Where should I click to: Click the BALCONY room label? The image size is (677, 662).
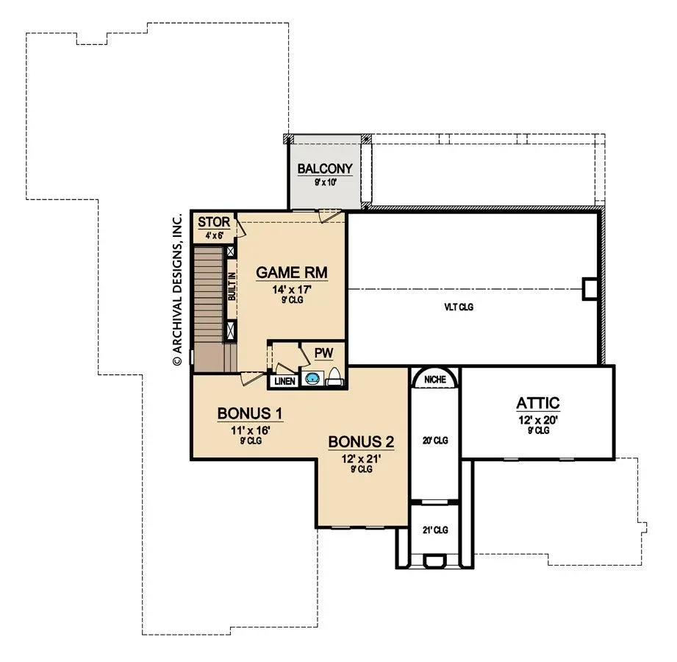click(x=325, y=168)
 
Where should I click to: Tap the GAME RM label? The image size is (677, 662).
click(x=291, y=273)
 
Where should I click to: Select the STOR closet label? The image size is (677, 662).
click(x=214, y=222)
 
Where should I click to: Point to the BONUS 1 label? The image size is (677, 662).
click(x=250, y=413)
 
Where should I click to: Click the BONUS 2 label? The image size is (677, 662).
click(x=361, y=442)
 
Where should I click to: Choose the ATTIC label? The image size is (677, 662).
click(x=538, y=403)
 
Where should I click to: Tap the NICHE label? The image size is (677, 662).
click(x=434, y=380)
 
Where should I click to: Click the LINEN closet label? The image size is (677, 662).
click(x=285, y=381)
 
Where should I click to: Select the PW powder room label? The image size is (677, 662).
click(x=324, y=353)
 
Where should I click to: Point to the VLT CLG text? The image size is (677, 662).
click(x=459, y=307)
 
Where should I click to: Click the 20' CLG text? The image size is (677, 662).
click(x=434, y=441)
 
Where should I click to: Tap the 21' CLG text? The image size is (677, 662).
click(x=434, y=530)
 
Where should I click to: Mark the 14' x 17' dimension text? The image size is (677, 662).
click(x=292, y=289)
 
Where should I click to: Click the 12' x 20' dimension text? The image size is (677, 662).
click(x=538, y=420)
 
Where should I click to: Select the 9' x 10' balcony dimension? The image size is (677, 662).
click(x=325, y=182)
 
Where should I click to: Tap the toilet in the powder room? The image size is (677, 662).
click(x=334, y=377)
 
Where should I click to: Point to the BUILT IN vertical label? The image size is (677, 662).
click(x=232, y=286)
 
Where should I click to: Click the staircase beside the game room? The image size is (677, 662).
click(x=209, y=308)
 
